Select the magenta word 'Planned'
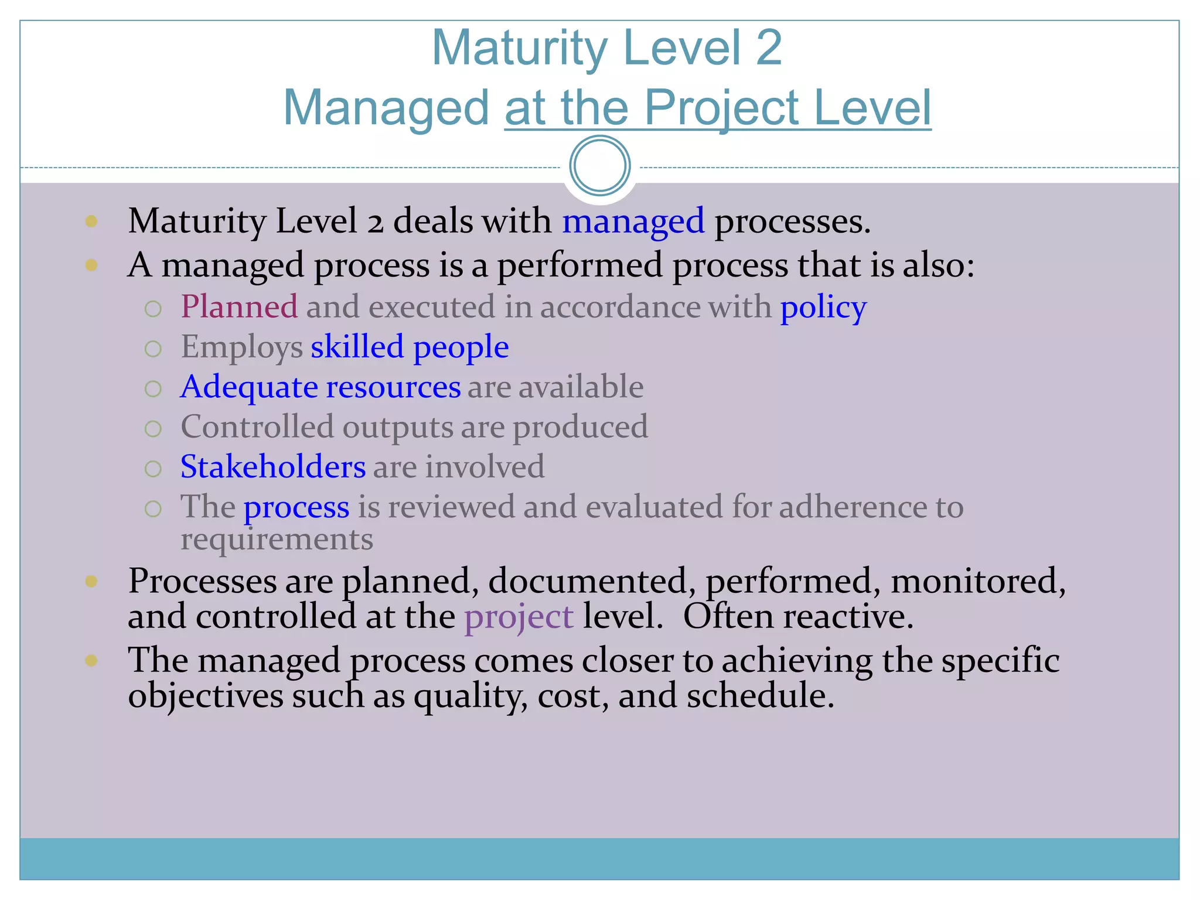(x=239, y=307)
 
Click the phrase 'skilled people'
(x=410, y=347)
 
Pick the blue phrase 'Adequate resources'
(x=321, y=387)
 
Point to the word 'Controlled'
(x=257, y=427)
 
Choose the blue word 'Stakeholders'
(x=273, y=467)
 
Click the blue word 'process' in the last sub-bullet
(x=296, y=507)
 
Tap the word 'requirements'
(x=277, y=540)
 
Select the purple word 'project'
(x=519, y=618)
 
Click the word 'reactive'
(x=843, y=616)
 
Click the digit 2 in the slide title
(x=768, y=48)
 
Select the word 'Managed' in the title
(x=386, y=108)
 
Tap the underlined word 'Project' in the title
(x=721, y=109)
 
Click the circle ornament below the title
(x=599, y=166)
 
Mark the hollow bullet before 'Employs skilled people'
(x=153, y=349)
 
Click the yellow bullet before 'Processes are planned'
(x=91, y=581)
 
